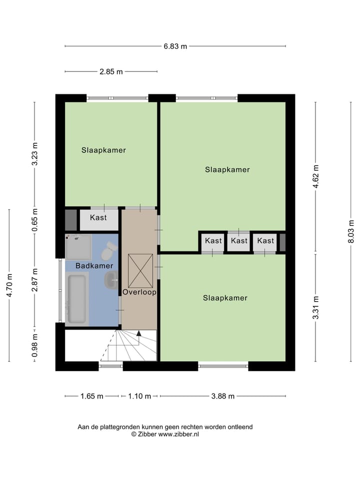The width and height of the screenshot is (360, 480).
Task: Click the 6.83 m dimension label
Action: coord(175,46)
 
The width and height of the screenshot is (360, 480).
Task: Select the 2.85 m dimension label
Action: coord(110,71)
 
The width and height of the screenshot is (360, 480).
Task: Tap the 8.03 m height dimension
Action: coord(351,231)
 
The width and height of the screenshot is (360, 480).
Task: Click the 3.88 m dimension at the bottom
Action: coord(222,396)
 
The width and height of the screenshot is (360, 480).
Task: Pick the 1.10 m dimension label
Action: coord(139,396)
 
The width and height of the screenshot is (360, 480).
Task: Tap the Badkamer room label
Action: coord(94,266)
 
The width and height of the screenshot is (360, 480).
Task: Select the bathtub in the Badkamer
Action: coord(77,298)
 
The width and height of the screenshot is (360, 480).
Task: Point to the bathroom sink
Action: coord(111,280)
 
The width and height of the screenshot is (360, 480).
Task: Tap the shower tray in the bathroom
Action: coord(78,247)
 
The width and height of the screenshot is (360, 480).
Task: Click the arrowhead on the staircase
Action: coord(139,333)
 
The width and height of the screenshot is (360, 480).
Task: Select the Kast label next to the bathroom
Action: coord(98,218)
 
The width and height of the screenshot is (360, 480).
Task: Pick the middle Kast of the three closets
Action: coord(239,240)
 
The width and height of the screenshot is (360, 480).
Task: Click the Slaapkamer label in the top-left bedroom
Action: coord(103,150)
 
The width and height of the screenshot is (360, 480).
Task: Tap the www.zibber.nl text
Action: coord(178,434)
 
